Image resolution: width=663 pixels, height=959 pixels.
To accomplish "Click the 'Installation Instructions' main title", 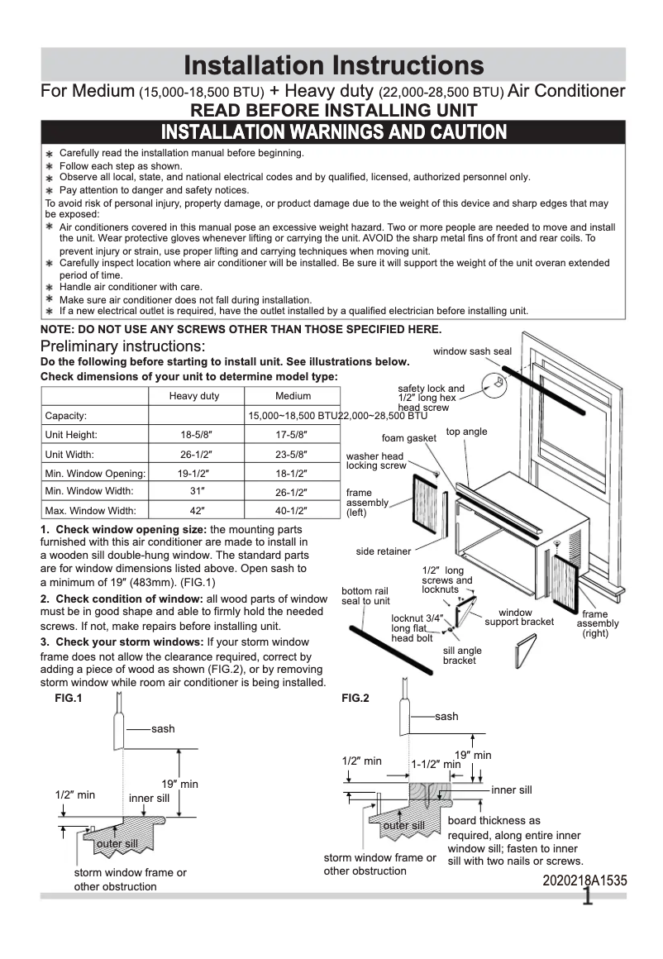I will point(333,65).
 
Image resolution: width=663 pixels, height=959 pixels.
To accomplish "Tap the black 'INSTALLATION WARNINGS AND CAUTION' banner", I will point(333,132).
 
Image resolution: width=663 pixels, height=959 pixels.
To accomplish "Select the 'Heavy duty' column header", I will point(194,396).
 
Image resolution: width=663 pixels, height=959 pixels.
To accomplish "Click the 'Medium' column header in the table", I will point(293,396).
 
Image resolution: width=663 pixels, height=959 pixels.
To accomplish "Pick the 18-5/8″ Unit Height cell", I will point(194,435).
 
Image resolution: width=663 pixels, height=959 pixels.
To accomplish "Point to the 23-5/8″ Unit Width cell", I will point(293,454).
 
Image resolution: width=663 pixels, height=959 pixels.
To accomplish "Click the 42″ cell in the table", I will point(194,511).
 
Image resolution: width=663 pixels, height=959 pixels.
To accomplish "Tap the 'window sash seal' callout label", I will point(472,351).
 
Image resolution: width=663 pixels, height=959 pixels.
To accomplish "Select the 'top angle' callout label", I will point(466,432).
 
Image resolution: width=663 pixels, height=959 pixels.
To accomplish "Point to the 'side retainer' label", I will point(384,551).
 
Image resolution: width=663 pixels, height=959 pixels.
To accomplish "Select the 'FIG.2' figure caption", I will point(355,698).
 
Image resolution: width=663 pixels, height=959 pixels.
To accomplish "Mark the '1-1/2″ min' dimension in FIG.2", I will point(436,765).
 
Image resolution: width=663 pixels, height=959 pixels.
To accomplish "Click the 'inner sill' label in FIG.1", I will point(149,798).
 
